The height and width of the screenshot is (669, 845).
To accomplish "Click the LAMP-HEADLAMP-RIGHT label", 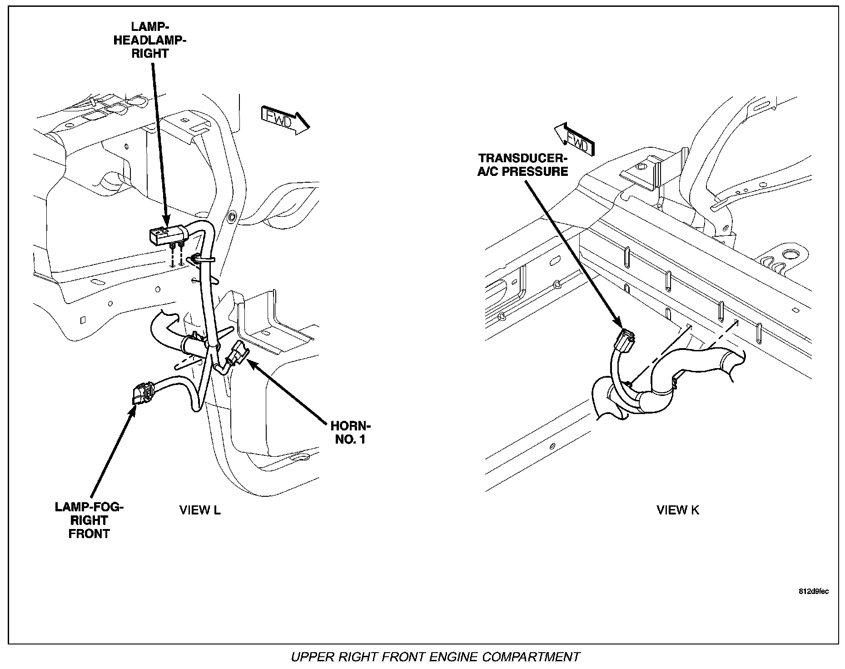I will [150, 40].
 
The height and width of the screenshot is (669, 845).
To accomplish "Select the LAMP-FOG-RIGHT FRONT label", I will [89, 520].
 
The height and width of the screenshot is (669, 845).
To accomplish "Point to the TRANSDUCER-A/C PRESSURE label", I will [523, 165].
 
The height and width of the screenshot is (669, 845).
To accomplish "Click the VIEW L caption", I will [200, 510].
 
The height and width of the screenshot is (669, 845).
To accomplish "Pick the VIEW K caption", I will [678, 510].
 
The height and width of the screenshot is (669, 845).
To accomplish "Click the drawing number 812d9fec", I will [813, 591].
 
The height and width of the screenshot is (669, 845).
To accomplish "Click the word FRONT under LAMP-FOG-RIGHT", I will [89, 534].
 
